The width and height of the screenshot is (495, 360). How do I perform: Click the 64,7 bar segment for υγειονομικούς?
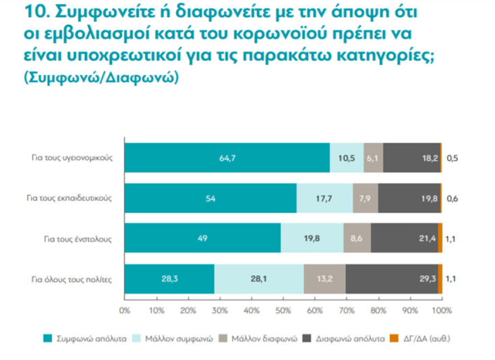(x=227, y=158)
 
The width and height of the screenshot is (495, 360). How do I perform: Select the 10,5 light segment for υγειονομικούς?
(x=347, y=158)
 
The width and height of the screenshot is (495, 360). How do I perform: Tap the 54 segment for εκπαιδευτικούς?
(x=210, y=198)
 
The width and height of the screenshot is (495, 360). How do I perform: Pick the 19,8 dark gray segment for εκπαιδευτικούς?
(x=409, y=198)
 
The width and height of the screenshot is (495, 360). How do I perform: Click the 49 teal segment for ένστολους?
(x=202, y=238)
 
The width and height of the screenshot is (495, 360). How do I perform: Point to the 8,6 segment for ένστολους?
(x=357, y=238)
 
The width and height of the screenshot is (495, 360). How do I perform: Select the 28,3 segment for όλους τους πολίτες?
(x=169, y=278)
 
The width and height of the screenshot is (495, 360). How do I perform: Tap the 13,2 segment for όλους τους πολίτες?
(x=324, y=278)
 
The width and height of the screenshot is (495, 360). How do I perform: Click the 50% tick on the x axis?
(x=283, y=310)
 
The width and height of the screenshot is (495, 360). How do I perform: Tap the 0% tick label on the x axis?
(x=124, y=310)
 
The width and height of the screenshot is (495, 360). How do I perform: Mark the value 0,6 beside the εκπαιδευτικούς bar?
(x=451, y=198)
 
